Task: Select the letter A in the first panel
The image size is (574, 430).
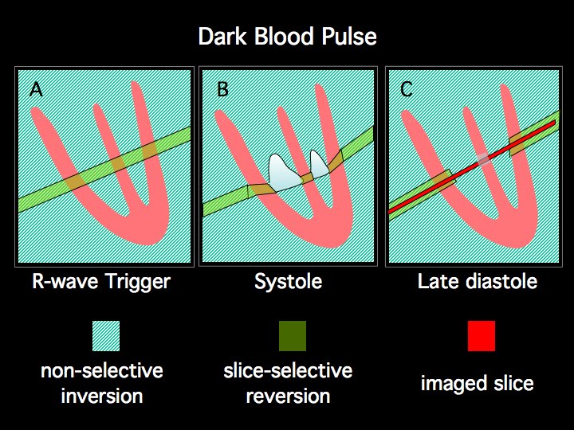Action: click(36, 89)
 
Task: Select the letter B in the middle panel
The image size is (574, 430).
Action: click(222, 89)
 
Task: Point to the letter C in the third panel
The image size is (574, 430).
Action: click(407, 89)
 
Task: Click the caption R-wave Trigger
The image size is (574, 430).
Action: click(100, 281)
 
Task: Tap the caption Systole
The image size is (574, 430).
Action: click(287, 281)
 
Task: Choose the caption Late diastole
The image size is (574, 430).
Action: click(477, 281)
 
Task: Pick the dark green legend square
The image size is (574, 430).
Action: click(293, 336)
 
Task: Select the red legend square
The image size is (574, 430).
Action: click(482, 336)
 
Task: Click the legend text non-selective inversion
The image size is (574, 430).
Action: click(101, 383)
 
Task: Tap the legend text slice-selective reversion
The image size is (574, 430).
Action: click(288, 383)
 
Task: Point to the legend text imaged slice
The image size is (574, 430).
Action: click(477, 383)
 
